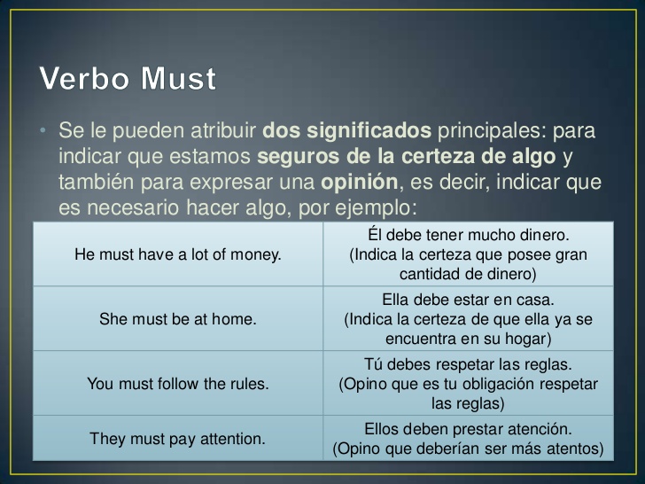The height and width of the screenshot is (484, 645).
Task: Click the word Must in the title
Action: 178,78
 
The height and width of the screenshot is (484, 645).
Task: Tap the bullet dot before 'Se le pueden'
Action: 43,130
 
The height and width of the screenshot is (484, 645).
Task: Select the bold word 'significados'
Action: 369,131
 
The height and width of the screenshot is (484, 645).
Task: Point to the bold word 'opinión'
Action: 359,183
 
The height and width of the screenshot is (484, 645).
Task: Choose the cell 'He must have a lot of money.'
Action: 178,254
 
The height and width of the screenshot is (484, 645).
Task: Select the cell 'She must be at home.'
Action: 178,318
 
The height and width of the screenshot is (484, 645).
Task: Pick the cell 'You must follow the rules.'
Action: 178,383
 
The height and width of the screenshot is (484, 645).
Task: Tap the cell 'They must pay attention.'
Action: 178,438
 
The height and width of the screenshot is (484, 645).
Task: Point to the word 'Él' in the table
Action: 375,235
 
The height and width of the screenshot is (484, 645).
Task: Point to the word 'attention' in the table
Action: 232,439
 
